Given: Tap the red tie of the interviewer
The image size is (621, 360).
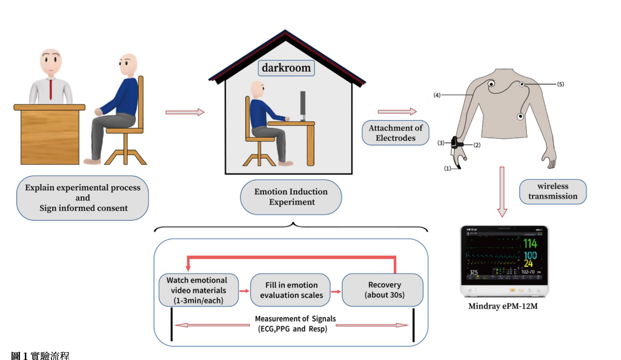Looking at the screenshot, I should coord(51,89).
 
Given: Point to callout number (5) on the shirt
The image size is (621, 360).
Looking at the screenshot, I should coord(560,84).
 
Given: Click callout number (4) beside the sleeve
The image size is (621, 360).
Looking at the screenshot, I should coord(437,95).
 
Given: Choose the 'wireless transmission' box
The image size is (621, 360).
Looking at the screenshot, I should coord(553,191).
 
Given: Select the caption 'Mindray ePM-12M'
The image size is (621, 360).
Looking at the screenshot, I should coord(503,307).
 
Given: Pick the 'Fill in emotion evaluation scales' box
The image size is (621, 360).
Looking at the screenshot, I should coord(290,290).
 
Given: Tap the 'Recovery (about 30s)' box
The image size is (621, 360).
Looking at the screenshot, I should coord(382,290).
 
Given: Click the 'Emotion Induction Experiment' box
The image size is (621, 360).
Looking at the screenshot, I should coord(291,197).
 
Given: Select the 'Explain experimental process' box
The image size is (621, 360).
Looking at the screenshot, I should coord(83,198).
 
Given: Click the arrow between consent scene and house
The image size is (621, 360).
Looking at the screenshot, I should coord(185,112).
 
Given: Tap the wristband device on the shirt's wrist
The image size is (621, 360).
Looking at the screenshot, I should coord(455,143).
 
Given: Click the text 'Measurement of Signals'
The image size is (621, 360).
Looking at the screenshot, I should coord(295,319).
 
